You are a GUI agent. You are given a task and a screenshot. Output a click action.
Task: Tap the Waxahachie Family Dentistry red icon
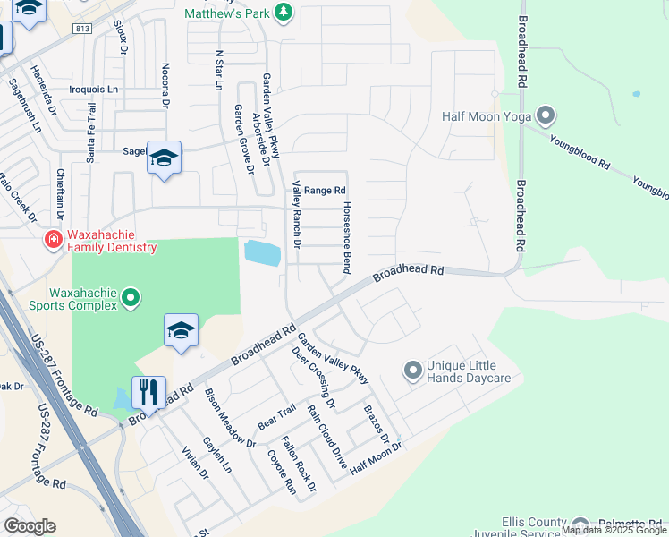[53, 240]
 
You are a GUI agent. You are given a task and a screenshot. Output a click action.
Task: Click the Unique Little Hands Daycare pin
[412, 370]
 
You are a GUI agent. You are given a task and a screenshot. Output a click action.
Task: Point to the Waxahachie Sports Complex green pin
[131, 296]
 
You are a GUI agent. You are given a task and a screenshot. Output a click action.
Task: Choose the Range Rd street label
[325, 191]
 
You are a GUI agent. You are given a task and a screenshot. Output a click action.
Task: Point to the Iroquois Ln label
[94, 90]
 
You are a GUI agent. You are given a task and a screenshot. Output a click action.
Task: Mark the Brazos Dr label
[377, 423]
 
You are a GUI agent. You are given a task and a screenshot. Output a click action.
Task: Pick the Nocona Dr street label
[165, 85]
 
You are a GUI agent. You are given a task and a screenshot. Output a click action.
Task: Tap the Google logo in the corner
[30, 526]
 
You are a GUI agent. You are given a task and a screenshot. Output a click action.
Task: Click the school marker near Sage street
[164, 158]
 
